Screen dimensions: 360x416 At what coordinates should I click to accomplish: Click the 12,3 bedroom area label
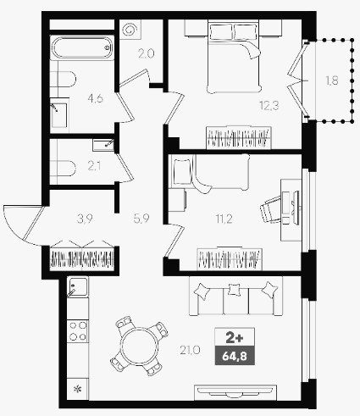tap(269, 106)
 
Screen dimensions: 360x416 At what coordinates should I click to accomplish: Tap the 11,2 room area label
tap(224, 219)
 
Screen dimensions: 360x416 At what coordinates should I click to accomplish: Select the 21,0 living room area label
tap(190, 351)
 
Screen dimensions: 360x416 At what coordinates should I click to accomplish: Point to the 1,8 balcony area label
tap(332, 80)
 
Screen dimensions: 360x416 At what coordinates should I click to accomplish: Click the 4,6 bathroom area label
tap(96, 98)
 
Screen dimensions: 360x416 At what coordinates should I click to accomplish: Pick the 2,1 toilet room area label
tap(94, 166)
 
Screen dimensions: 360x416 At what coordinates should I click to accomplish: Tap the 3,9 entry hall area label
tap(85, 219)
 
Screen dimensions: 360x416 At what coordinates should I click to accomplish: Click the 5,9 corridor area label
tap(141, 219)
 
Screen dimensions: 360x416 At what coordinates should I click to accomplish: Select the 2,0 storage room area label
tap(147, 53)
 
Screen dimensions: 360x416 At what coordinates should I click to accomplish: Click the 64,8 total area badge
tap(235, 356)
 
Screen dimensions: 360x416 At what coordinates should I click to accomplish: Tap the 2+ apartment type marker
tap(235, 338)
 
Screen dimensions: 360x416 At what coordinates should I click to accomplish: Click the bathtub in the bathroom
tap(82, 47)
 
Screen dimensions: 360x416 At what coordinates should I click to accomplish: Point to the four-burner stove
tap(78, 331)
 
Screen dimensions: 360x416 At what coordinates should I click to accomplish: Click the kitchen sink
tap(77, 286)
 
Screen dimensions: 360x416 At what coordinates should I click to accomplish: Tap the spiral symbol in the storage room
tap(130, 30)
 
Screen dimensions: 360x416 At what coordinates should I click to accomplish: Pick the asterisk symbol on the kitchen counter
tap(77, 389)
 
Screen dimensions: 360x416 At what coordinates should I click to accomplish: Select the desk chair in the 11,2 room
tap(270, 209)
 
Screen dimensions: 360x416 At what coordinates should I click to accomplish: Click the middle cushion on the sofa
tap(234, 290)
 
